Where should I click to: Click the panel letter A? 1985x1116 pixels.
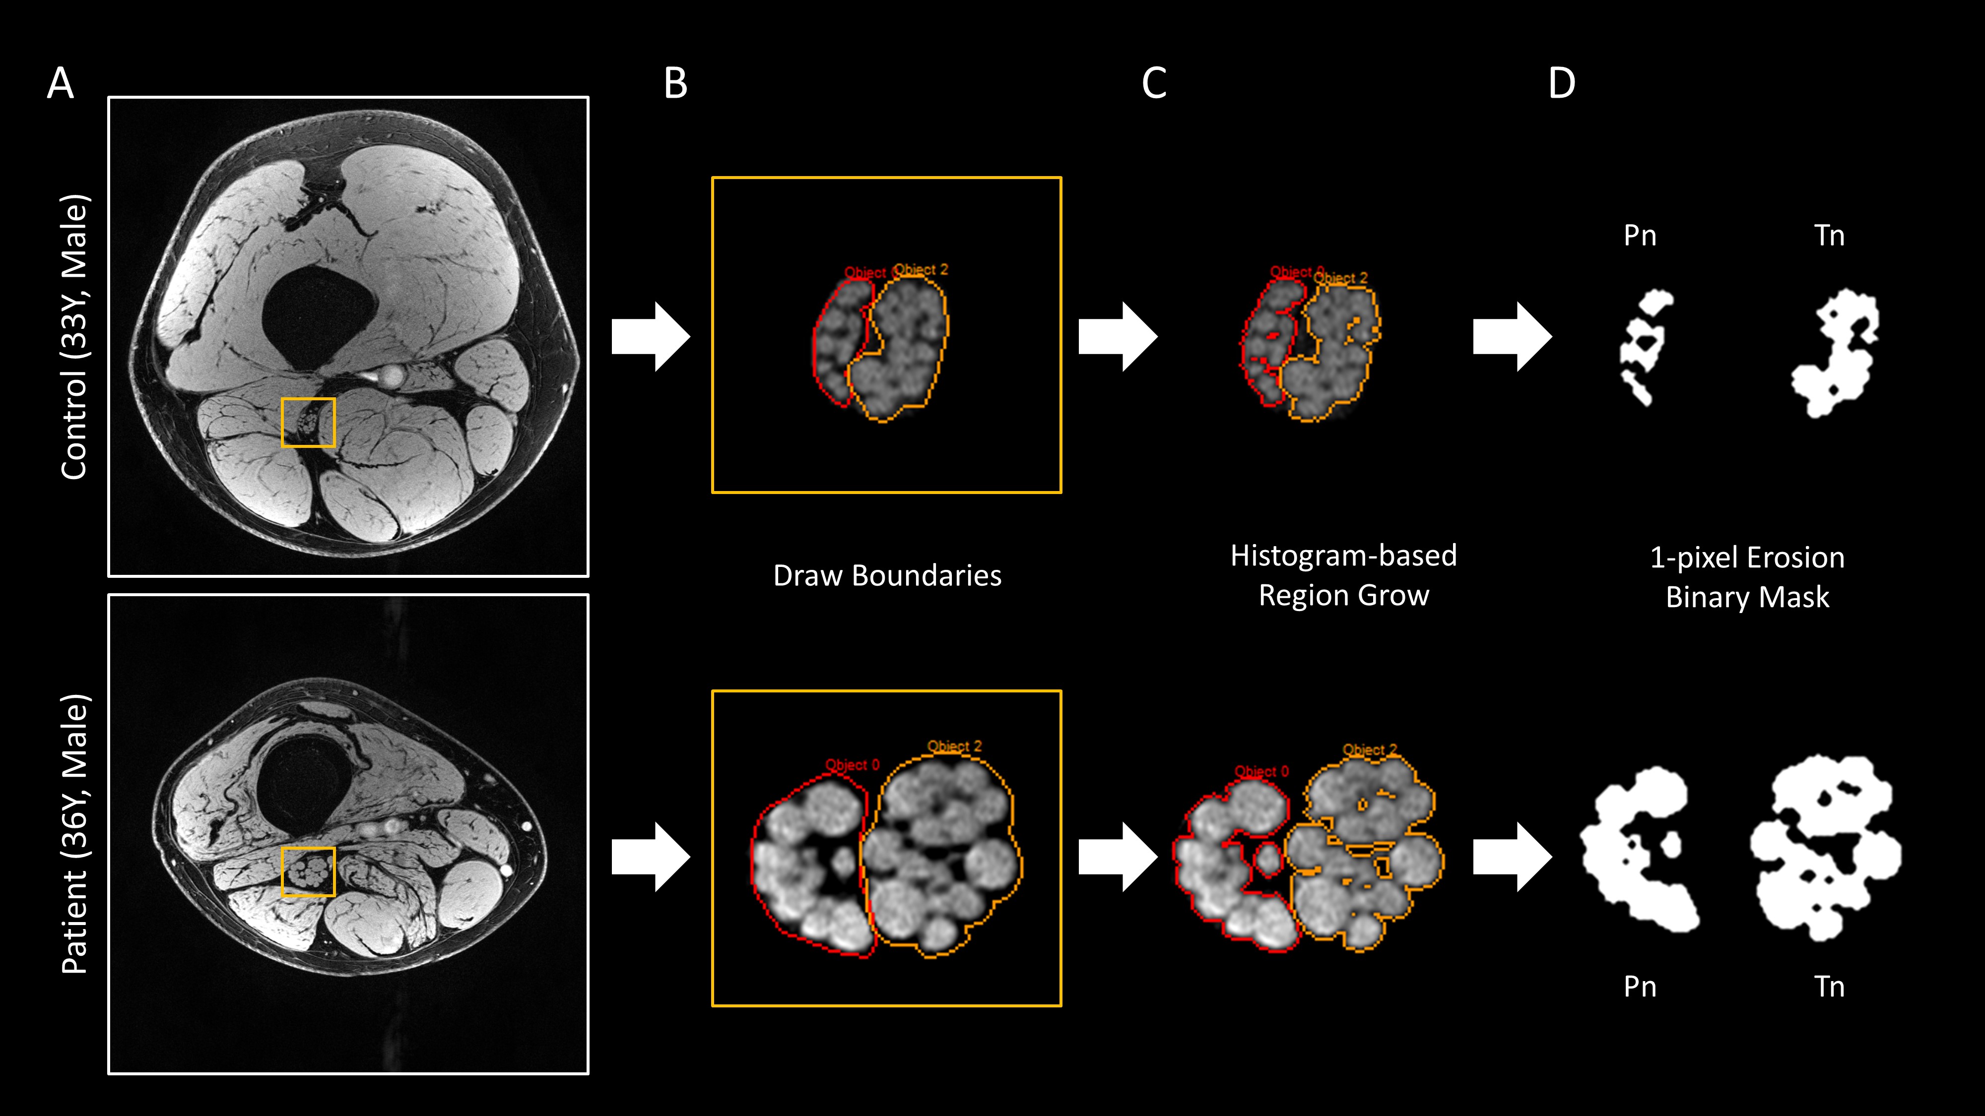pyautogui.click(x=60, y=83)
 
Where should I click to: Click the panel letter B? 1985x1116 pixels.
pyautogui.click(x=675, y=83)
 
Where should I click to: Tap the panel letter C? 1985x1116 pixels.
pyautogui.click(x=1154, y=83)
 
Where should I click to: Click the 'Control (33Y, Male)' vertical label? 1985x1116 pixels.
pyautogui.click(x=75, y=337)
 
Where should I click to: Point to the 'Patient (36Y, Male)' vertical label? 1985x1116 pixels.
pyautogui.click(x=75, y=834)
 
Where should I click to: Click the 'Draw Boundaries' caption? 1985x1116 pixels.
pyautogui.click(x=887, y=575)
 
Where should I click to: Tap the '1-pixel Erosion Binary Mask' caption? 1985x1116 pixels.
pyautogui.click(x=1747, y=577)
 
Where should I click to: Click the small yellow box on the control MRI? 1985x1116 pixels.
pyautogui.click(x=308, y=422)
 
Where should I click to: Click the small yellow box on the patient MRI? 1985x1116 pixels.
pyautogui.click(x=308, y=872)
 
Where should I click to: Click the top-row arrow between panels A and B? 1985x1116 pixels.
pyautogui.click(x=650, y=337)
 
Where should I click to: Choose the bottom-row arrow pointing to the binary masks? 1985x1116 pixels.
pyautogui.click(x=1511, y=857)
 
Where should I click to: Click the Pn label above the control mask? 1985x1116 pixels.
pyautogui.click(x=1640, y=236)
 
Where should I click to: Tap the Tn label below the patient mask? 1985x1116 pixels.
pyautogui.click(x=1829, y=987)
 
